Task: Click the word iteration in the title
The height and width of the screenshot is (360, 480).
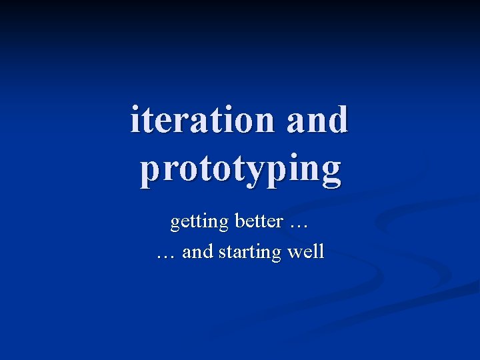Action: click(x=203, y=120)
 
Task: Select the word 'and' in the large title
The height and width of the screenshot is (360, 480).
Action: click(x=317, y=120)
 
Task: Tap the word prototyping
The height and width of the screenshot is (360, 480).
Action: click(x=240, y=170)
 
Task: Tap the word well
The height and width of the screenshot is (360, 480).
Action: click(x=306, y=252)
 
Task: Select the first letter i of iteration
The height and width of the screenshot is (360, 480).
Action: click(x=136, y=120)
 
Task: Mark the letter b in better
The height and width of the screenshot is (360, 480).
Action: click(x=239, y=221)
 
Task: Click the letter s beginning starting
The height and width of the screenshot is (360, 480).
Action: click(x=219, y=253)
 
